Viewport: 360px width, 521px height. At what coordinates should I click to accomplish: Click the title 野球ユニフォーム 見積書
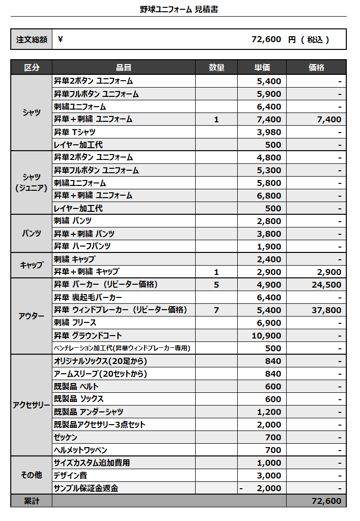179,9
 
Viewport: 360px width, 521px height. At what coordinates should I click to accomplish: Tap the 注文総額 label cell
31,40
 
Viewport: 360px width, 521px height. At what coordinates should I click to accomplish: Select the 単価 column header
262,68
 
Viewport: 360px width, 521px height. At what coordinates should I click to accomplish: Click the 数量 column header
216,68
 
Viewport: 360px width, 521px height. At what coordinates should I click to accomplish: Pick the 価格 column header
316,68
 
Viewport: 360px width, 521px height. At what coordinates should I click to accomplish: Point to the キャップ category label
31,265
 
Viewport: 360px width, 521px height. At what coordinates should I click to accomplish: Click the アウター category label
31,316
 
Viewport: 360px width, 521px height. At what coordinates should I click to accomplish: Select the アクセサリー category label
31,405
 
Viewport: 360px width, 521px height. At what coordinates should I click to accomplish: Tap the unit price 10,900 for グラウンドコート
266,336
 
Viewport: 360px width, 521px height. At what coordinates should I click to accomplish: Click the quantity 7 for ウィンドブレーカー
216,310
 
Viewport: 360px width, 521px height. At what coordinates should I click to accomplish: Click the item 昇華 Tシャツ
75,132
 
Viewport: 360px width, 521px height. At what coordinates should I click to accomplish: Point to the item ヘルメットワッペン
80,450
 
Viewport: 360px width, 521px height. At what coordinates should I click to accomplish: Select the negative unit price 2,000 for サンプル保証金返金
269,488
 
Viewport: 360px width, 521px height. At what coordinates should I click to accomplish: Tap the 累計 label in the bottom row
31,501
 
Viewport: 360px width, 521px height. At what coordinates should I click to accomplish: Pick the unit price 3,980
269,132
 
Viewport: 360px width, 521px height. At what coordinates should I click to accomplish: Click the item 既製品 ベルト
76,386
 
